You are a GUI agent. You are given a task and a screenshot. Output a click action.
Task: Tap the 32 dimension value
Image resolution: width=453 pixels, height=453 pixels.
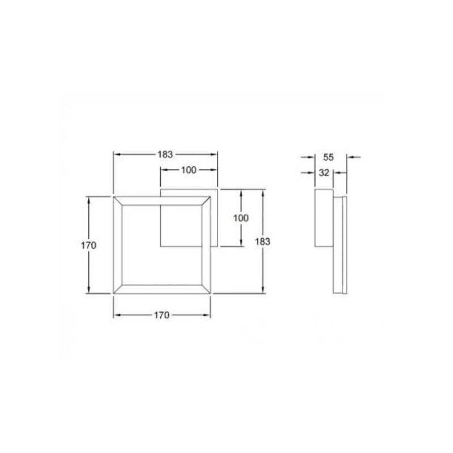tap(324, 173)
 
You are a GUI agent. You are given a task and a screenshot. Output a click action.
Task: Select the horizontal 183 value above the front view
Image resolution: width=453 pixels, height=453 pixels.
tap(165, 154)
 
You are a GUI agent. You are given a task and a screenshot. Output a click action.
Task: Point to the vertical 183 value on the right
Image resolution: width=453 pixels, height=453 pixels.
tap(262, 241)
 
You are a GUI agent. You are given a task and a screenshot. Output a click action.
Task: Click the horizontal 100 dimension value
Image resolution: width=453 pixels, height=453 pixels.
tap(189, 170)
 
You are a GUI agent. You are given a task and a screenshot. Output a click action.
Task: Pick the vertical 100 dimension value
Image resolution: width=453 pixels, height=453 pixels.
tap(241, 218)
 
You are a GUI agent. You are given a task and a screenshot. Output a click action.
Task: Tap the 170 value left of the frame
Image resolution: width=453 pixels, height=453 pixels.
tap(88, 245)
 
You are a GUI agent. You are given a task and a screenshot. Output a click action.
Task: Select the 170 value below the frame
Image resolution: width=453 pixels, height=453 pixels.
tap(161, 315)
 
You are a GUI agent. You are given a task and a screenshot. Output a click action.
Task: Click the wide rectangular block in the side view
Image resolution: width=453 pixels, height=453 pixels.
tap(323, 218)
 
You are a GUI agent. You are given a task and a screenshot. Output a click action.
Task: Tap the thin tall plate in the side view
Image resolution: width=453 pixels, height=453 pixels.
tap(340, 244)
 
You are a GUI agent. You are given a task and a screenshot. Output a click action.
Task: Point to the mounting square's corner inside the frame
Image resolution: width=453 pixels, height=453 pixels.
tap(161, 246)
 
